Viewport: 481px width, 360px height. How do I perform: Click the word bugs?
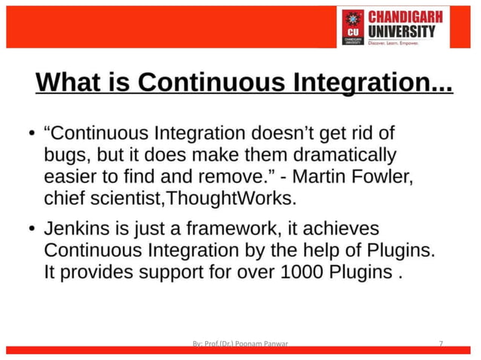point(66,157)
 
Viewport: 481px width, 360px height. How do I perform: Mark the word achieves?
point(345,227)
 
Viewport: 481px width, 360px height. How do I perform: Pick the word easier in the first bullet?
point(69,178)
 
